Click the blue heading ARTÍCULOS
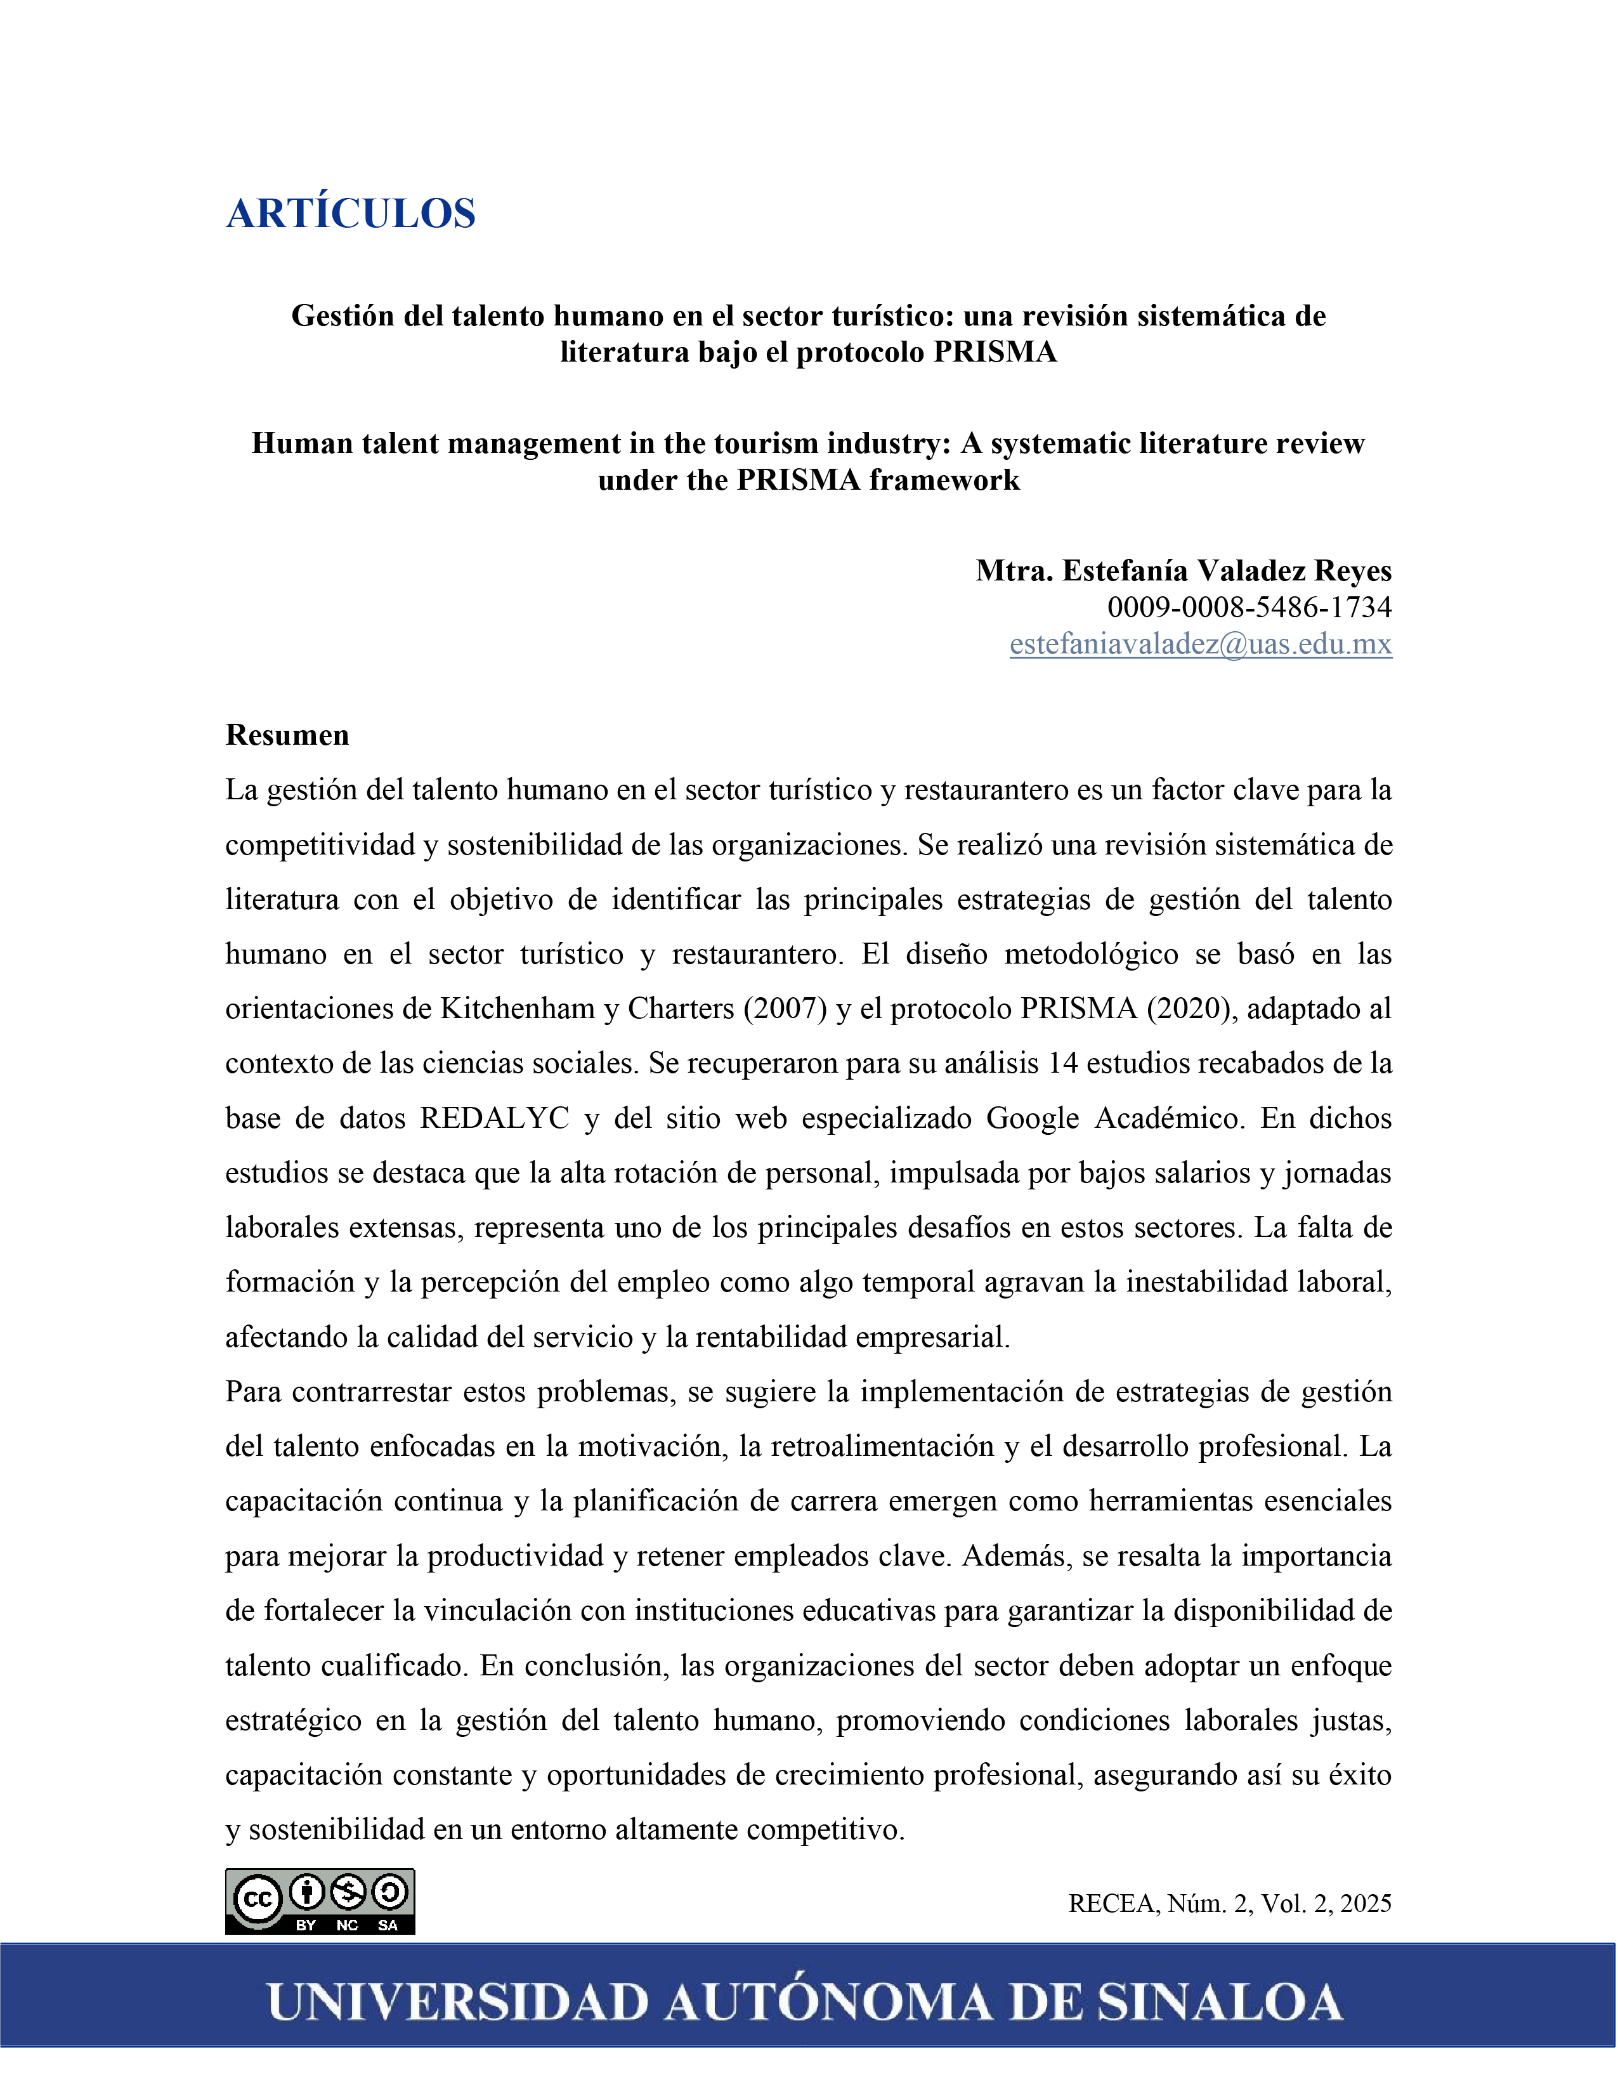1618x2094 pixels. [x=351, y=213]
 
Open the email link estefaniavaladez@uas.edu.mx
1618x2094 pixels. [x=1200, y=645]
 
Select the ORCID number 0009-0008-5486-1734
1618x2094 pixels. [x=1249, y=607]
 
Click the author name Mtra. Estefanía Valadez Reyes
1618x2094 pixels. [x=1183, y=570]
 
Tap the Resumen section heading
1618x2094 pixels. [x=287, y=735]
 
